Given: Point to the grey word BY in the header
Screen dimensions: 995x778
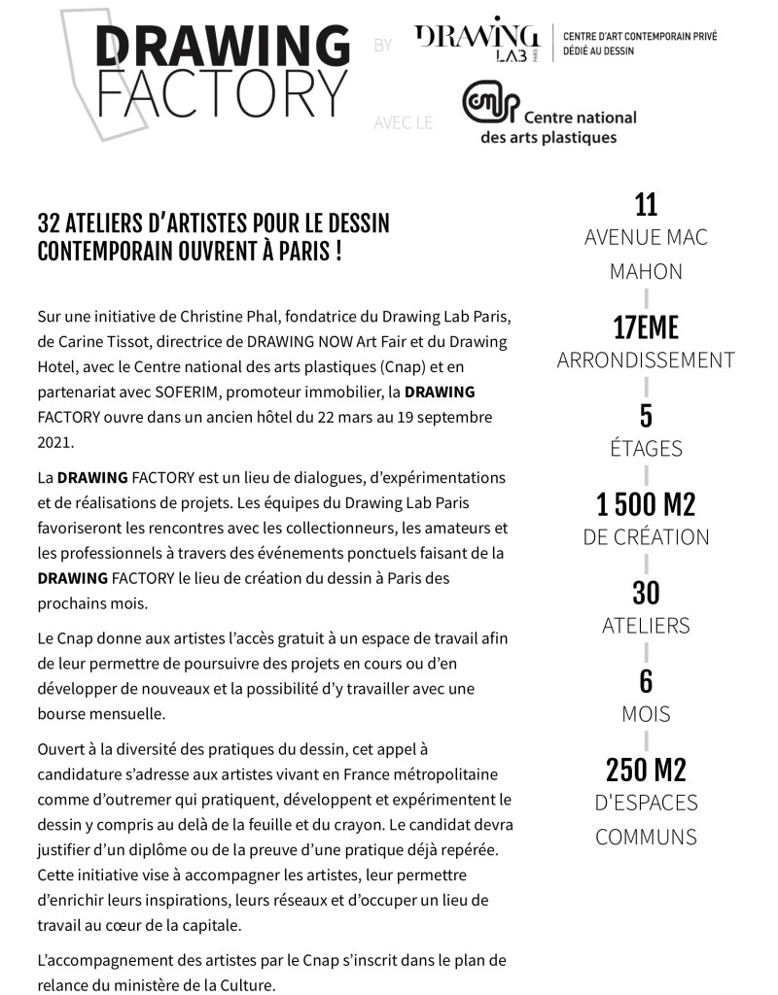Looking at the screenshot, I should point(383,46).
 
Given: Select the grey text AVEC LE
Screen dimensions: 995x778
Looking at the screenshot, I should point(403,123).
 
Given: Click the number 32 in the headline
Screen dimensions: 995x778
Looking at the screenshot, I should point(49,223).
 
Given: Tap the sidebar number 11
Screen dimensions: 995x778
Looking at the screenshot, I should point(646,205).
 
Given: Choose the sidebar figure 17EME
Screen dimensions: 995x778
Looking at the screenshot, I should point(646,327).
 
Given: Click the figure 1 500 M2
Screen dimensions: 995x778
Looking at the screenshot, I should point(646,504).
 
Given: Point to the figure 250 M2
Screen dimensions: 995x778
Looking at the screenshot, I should point(646,771).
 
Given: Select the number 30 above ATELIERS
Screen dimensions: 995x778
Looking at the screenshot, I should point(646,593).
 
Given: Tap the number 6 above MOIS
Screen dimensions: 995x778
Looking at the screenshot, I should point(646,681).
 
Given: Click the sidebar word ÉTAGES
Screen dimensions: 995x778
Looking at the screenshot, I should point(646,449).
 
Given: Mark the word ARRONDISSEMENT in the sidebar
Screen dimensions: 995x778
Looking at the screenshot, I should point(646,360).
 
